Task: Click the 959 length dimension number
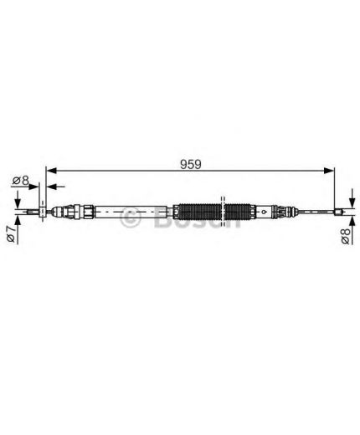pos(191,164)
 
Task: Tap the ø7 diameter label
pos(11,233)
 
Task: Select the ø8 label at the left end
pos(21,181)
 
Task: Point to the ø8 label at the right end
pos(346,236)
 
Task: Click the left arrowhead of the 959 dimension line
pos(51,171)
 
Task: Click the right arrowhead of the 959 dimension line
pos(328,171)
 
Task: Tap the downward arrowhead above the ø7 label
pos(18,202)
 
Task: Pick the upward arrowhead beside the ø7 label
pos(18,221)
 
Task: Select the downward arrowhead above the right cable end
pos(352,202)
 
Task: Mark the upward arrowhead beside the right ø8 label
pos(352,221)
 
